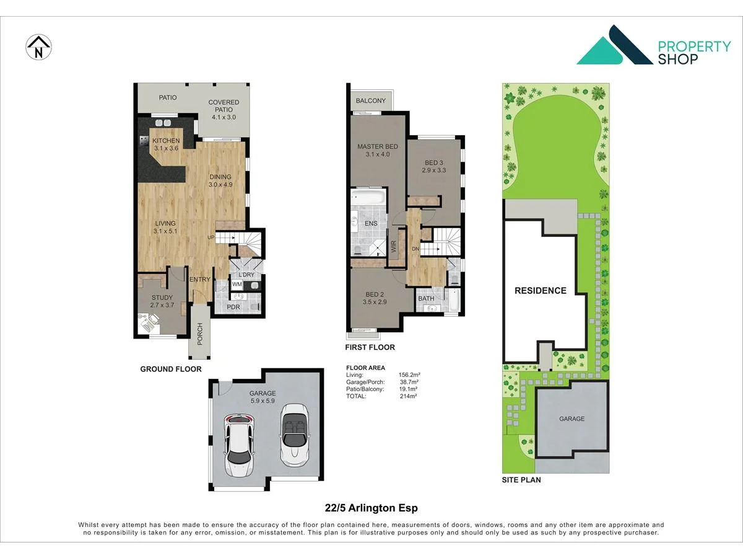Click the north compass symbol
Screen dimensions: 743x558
point(38,48)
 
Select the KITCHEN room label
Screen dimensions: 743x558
point(166,141)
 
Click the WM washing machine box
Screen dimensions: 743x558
point(237,284)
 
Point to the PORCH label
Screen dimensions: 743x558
point(200,334)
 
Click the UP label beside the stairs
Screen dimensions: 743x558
point(211,237)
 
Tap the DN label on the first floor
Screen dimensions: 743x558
point(415,249)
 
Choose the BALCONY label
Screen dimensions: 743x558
point(371,100)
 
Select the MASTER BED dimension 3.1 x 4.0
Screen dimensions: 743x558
point(378,154)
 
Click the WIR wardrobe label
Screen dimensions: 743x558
point(393,246)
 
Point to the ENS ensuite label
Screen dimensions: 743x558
point(371,223)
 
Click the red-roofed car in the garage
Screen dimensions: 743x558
point(239,445)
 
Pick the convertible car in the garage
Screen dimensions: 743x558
point(295,435)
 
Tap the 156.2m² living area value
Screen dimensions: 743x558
point(409,374)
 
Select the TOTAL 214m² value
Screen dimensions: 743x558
point(408,396)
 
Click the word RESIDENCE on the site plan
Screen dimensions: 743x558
point(541,291)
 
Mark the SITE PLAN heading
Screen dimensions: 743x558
point(521,480)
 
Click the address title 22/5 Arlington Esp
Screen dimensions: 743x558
point(371,508)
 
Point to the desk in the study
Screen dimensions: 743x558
point(149,322)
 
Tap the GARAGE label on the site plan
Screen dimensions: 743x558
point(571,418)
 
